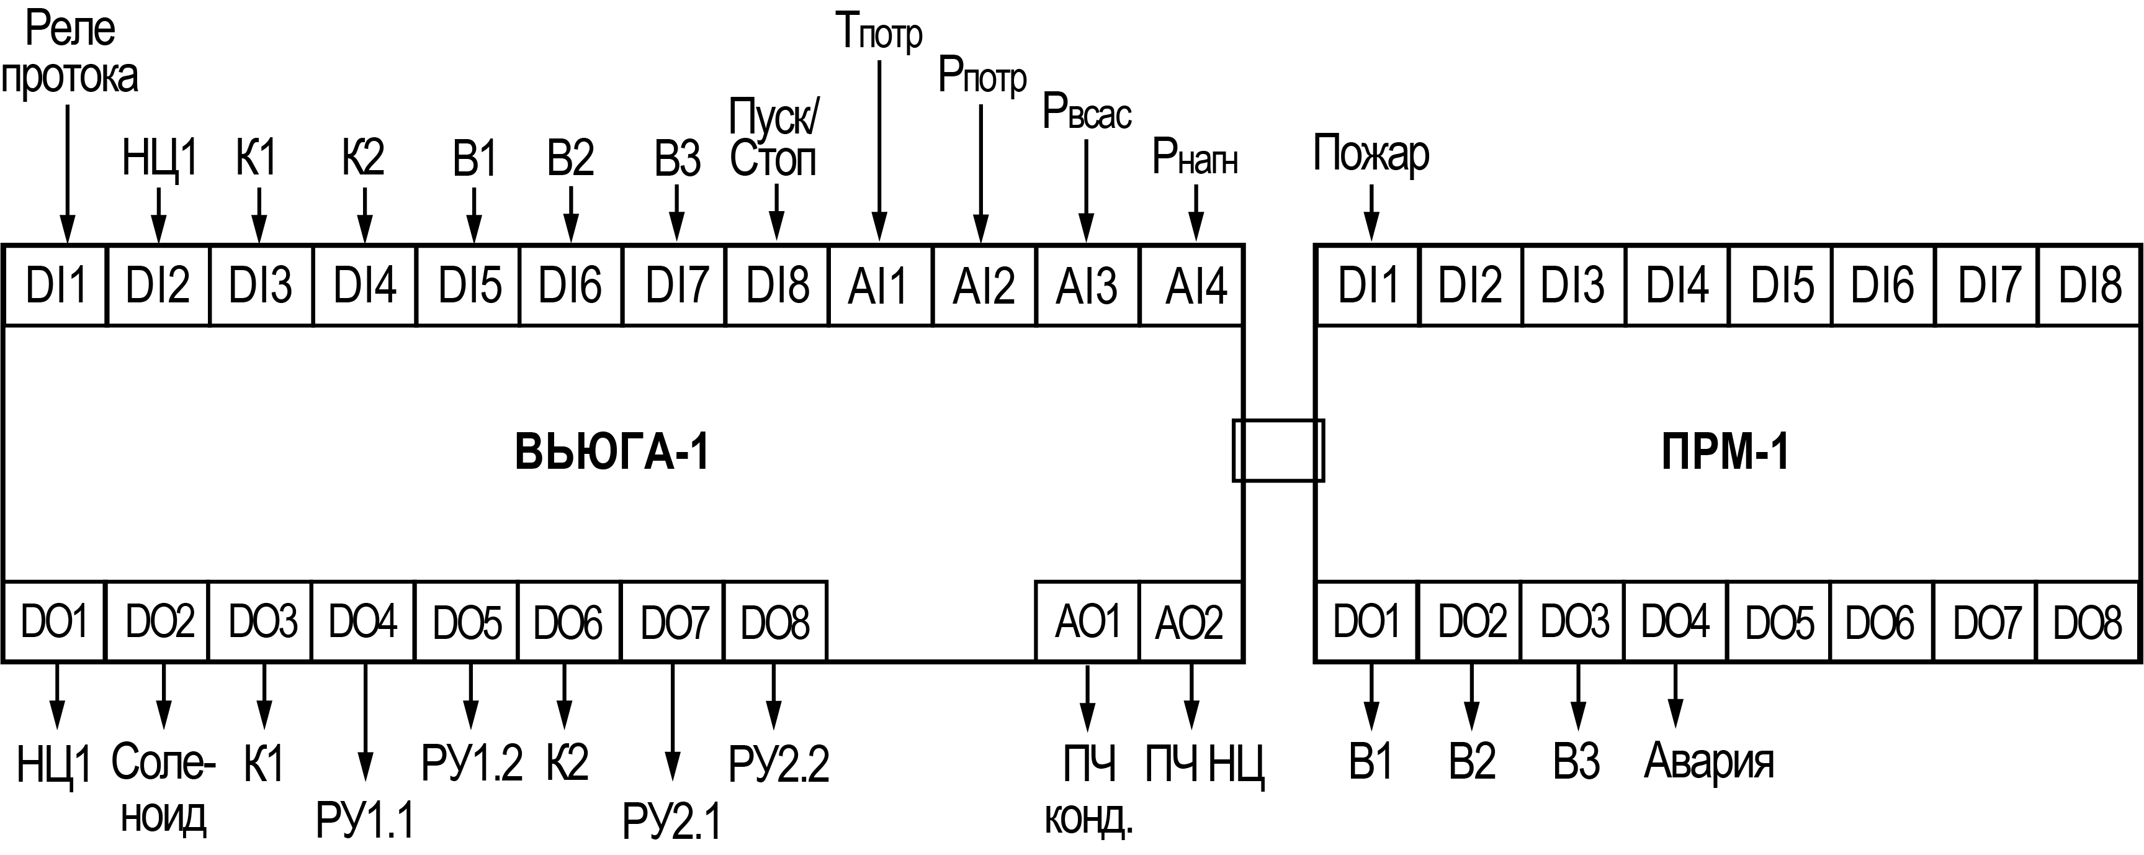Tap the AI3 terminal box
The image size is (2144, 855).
pos(1087,286)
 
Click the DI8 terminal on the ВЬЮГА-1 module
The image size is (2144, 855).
pos(778,286)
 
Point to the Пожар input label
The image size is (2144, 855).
pos(1371,155)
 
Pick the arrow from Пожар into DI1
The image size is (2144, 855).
pos(1371,213)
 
